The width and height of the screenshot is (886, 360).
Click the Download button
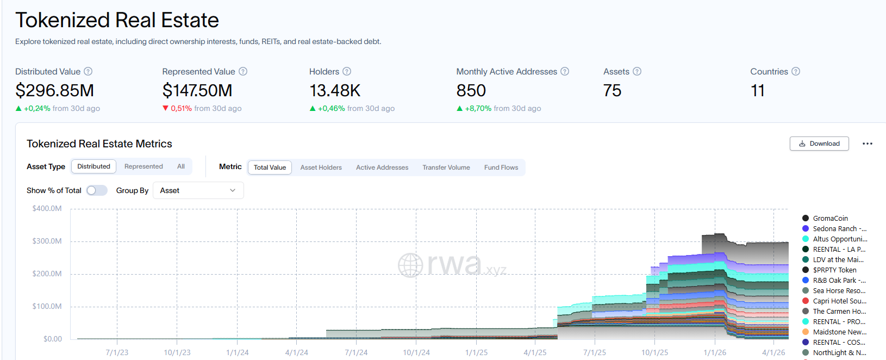(819, 144)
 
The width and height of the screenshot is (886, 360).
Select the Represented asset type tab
(143, 166)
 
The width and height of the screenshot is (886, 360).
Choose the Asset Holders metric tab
(321, 167)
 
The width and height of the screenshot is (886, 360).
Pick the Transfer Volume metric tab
(446, 167)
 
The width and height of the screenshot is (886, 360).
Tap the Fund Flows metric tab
(501, 167)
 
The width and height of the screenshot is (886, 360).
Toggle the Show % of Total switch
(97, 190)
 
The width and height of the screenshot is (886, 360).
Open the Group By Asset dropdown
(198, 190)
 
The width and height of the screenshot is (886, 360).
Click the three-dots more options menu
(868, 144)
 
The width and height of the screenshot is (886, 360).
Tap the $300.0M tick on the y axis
(47, 241)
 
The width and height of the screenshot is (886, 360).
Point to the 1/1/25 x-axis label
(476, 352)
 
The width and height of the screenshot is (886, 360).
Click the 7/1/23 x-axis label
(117, 352)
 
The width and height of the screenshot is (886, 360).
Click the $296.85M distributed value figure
(54, 91)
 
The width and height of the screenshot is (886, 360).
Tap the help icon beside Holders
(347, 71)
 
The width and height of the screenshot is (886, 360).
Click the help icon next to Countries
(796, 71)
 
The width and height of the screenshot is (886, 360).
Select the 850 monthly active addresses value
(471, 91)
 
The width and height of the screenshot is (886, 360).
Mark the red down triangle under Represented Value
(165, 108)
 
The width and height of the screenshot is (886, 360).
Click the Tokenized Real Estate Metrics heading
(99, 144)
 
